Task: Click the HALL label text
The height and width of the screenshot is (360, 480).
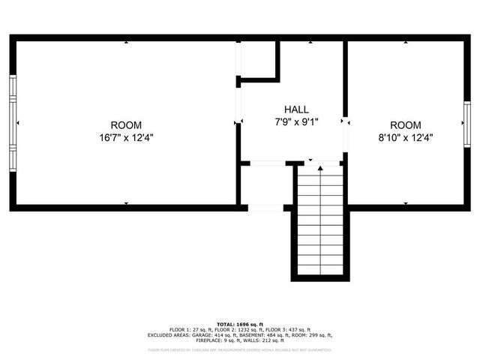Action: [296, 109]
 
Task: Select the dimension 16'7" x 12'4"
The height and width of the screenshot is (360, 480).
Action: [126, 137]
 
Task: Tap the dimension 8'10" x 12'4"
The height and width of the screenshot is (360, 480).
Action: [405, 137]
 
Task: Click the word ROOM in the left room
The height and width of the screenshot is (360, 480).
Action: [126, 125]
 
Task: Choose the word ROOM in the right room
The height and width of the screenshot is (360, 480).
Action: [405, 125]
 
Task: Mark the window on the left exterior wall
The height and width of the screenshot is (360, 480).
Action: [13, 122]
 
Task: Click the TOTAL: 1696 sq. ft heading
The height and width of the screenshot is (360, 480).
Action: [240, 324]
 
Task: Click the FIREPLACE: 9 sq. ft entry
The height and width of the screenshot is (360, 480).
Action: [214, 340]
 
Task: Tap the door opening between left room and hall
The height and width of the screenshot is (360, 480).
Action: [238, 105]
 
